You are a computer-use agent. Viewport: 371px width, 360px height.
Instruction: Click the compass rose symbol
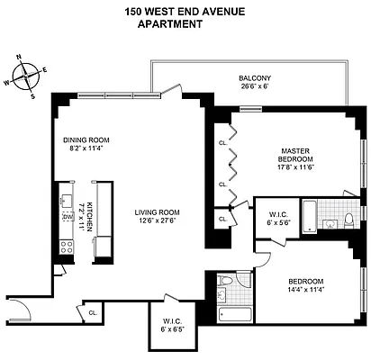[29, 75]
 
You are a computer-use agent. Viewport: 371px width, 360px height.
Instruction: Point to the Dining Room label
[86, 140]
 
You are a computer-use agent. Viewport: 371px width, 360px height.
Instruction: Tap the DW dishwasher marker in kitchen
[66, 217]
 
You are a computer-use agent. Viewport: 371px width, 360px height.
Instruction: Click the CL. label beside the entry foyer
[93, 312]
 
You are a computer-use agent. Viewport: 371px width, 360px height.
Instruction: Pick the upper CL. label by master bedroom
[222, 142]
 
